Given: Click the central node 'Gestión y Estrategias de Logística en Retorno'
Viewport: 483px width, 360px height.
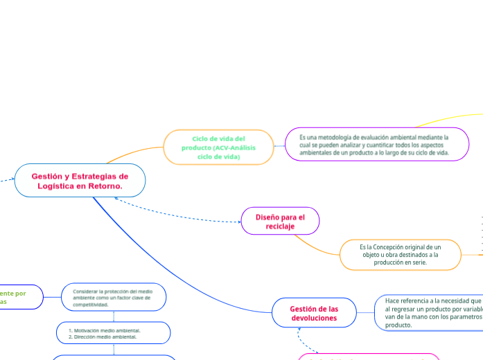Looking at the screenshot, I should (x=80, y=181).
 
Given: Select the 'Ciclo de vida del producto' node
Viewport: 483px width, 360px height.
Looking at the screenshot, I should (x=218, y=147).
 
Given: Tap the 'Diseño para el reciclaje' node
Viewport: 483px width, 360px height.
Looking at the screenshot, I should (x=280, y=222).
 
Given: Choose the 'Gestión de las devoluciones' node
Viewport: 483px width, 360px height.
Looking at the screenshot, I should (x=313, y=313).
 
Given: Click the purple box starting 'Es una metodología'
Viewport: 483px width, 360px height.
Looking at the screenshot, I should (x=377, y=145).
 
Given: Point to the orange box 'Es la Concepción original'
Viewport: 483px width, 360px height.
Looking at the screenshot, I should (x=400, y=255).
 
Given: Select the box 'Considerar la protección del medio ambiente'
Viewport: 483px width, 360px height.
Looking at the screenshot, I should (x=114, y=298).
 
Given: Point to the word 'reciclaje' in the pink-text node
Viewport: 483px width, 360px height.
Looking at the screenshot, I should (x=279, y=226).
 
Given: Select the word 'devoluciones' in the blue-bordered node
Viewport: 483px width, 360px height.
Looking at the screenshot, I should (x=314, y=318).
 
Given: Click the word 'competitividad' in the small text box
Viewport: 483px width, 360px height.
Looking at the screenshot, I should (x=90, y=305).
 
